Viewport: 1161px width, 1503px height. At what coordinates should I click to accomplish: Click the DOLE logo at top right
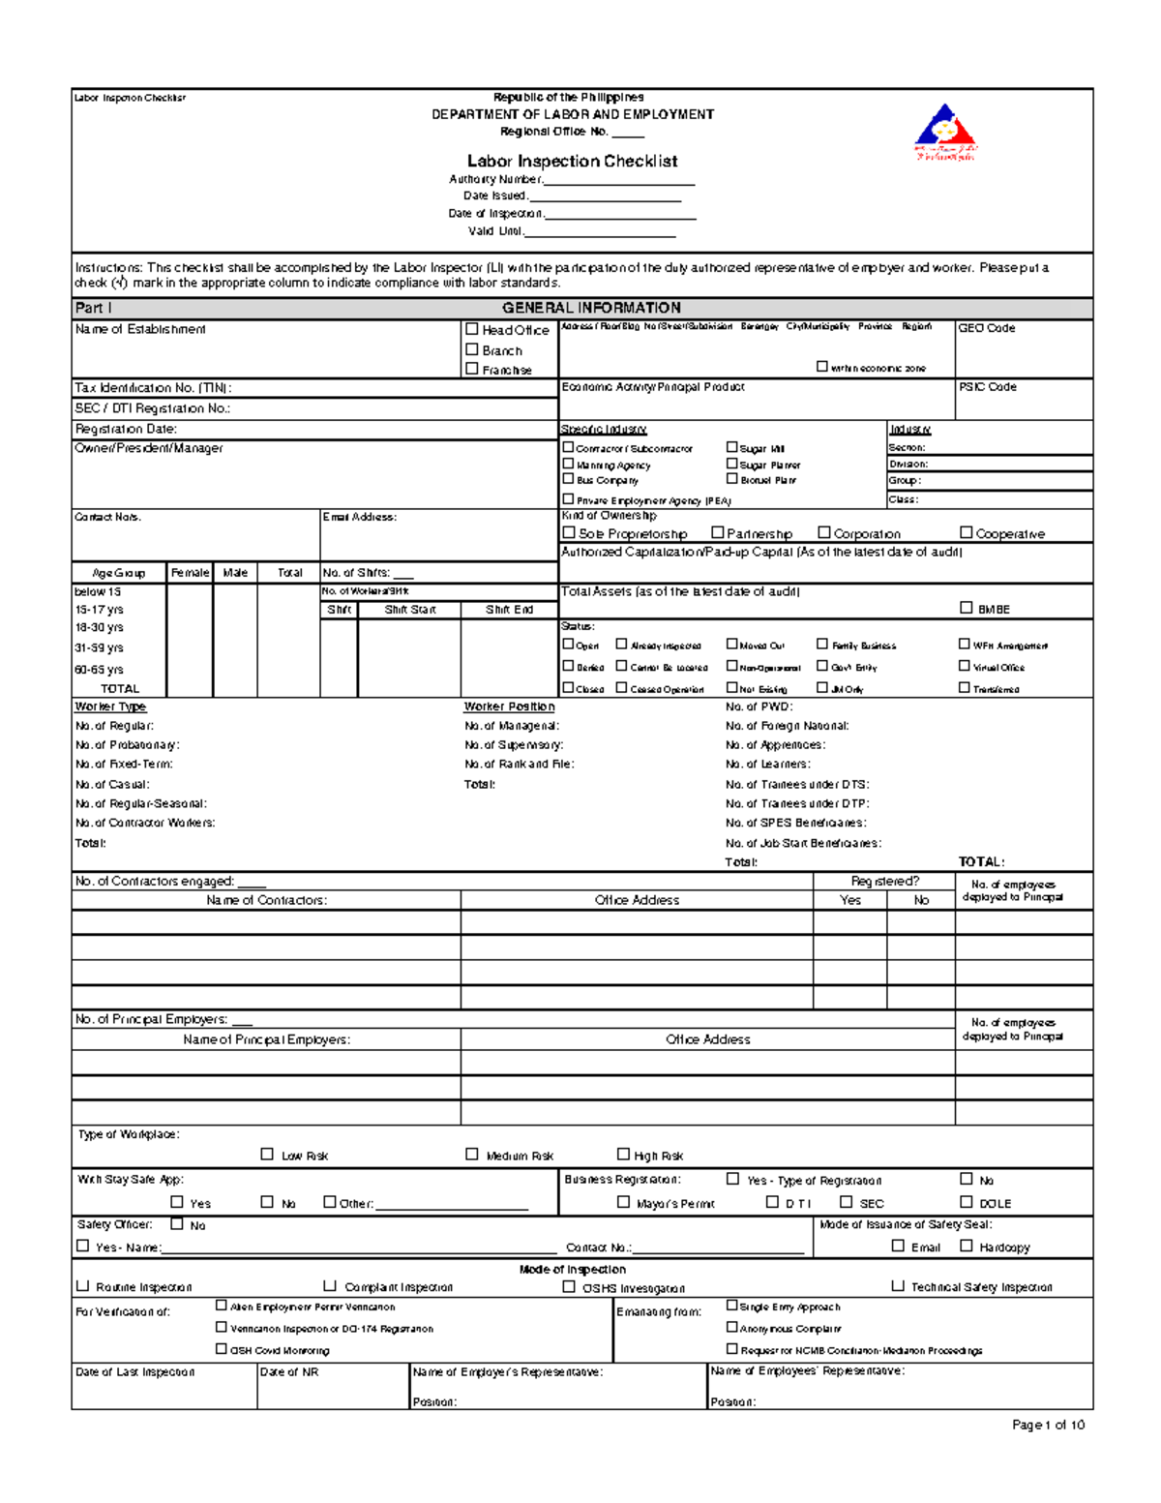(x=945, y=134)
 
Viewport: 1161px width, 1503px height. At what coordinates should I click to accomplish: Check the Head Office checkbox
(x=472, y=329)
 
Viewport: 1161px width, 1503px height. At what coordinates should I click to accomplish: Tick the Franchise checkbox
(x=472, y=369)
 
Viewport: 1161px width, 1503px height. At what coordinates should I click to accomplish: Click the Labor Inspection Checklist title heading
(x=572, y=162)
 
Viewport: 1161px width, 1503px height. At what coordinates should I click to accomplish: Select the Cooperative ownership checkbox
(x=966, y=532)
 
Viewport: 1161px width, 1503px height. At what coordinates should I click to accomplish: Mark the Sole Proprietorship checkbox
(x=569, y=532)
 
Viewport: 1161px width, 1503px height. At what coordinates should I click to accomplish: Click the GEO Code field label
(x=986, y=329)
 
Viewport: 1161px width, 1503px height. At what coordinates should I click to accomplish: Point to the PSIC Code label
(x=987, y=387)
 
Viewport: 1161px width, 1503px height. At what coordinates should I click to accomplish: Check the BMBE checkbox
(x=966, y=608)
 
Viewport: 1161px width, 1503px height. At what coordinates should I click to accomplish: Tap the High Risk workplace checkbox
(x=623, y=1154)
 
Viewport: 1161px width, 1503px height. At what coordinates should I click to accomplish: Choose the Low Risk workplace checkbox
(x=267, y=1154)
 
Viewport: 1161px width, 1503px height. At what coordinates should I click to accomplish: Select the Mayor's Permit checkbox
(x=623, y=1202)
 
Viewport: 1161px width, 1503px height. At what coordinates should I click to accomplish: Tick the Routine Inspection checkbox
(x=82, y=1286)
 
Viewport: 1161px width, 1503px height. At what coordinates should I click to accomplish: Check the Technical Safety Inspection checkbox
(x=898, y=1286)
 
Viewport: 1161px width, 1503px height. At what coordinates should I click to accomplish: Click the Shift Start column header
(x=409, y=610)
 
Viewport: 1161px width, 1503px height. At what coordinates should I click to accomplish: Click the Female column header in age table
(x=190, y=573)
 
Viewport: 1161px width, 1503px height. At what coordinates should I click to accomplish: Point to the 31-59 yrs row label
(x=99, y=648)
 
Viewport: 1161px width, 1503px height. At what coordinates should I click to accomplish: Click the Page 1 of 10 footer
(x=1048, y=1425)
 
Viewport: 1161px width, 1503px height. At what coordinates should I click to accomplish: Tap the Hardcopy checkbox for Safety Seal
(x=966, y=1246)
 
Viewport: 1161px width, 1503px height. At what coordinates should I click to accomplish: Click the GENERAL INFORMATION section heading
(x=591, y=308)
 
